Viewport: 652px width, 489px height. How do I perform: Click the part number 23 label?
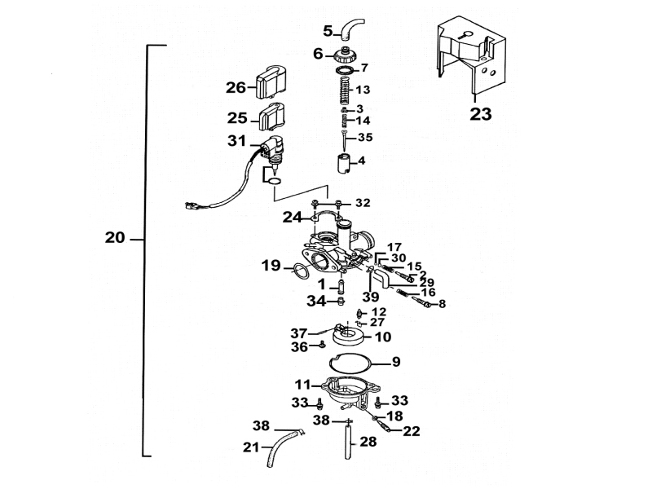pyautogui.click(x=481, y=114)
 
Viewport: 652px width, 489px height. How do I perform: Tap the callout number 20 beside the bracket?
pyautogui.click(x=115, y=238)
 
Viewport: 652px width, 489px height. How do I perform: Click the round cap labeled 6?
pyautogui.click(x=344, y=55)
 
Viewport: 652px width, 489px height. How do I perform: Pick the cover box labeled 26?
pyautogui.click(x=271, y=82)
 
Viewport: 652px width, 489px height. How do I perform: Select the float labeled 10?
pyautogui.click(x=349, y=336)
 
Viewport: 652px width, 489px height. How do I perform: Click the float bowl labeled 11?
pyautogui.click(x=350, y=392)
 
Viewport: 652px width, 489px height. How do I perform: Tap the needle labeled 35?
pyautogui.click(x=345, y=141)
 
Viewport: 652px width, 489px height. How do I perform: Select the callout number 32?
pyautogui.click(x=363, y=203)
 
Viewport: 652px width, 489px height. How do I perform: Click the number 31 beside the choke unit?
pyautogui.click(x=236, y=141)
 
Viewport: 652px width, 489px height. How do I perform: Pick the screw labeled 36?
pyautogui.click(x=322, y=344)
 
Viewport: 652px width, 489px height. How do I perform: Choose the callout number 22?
pyautogui.click(x=412, y=431)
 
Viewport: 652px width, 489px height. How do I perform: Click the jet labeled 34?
pyautogui.click(x=341, y=301)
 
